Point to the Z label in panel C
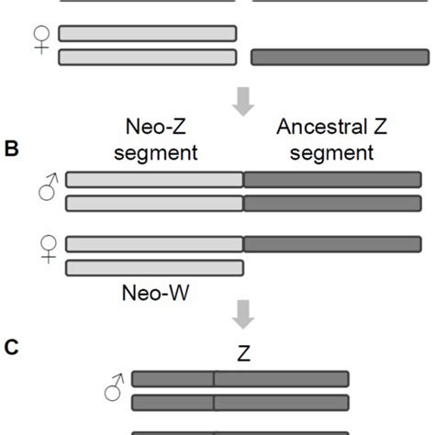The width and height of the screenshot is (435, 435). coord(242,353)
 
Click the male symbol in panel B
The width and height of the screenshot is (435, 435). coord(46,190)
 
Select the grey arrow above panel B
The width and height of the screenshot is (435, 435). coord(243,100)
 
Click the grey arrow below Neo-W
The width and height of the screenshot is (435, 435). coord(243,314)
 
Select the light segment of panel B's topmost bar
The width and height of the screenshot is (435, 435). coord(154,181)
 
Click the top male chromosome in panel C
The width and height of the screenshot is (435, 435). coord(240,378)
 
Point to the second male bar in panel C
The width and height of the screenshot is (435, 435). coord(240,402)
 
